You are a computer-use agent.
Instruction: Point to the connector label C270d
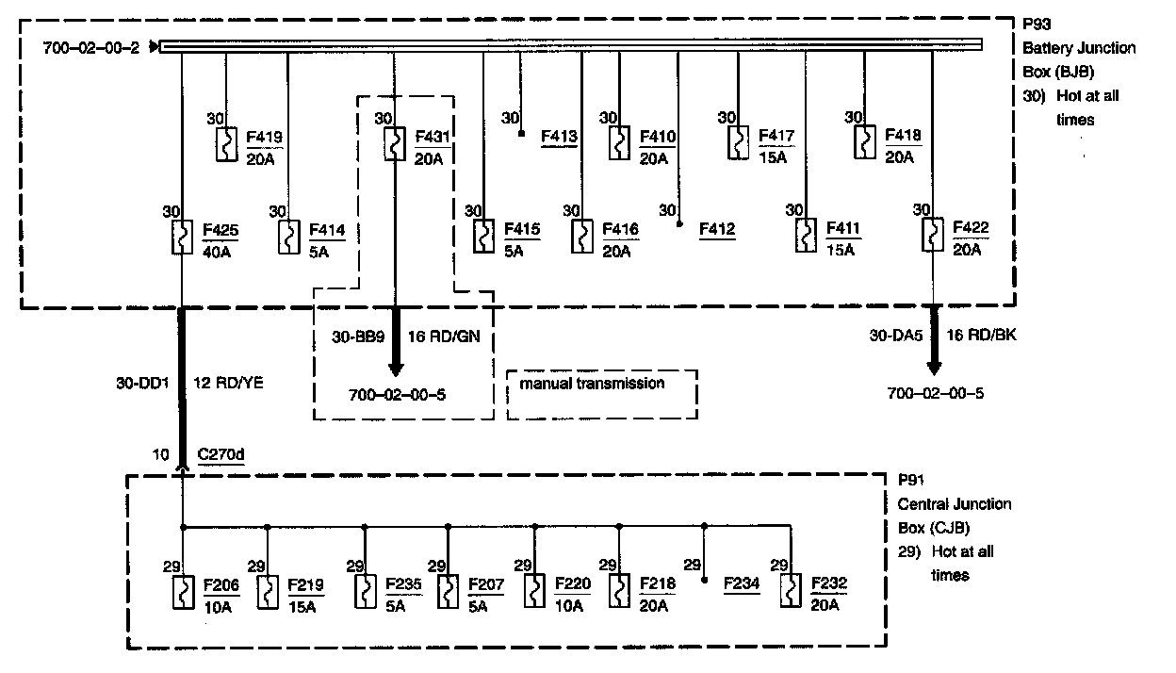coord(221,454)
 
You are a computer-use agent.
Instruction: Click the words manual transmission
coord(591,384)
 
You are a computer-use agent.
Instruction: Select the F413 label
coord(559,138)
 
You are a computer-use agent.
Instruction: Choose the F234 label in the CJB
coord(741,584)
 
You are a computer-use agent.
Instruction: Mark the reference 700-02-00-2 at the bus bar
coord(91,47)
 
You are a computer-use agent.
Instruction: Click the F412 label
coord(717,228)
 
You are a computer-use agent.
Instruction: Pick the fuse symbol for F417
coord(738,143)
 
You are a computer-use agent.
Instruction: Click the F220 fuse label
coord(573,584)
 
